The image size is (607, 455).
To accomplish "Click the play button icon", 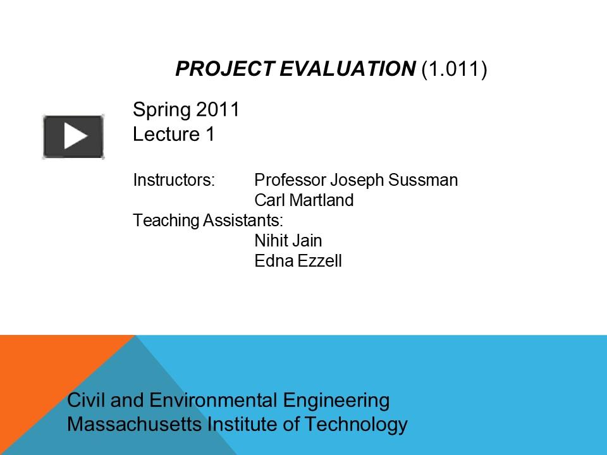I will (x=73, y=136).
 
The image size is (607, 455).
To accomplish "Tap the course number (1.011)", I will (x=454, y=70).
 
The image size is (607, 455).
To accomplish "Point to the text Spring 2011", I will (x=186, y=110).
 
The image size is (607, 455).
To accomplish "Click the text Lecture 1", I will (x=174, y=134).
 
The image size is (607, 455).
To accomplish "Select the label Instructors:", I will (x=174, y=180).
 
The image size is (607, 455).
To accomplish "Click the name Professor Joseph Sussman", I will (x=355, y=180).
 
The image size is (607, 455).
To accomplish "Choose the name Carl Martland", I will (x=303, y=201).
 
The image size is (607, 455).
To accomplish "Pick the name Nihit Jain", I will (x=288, y=241).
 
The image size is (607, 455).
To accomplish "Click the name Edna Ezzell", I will (x=298, y=261).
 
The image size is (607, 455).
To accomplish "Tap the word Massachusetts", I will (x=135, y=424).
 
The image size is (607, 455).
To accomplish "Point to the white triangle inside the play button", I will (x=75, y=136).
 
